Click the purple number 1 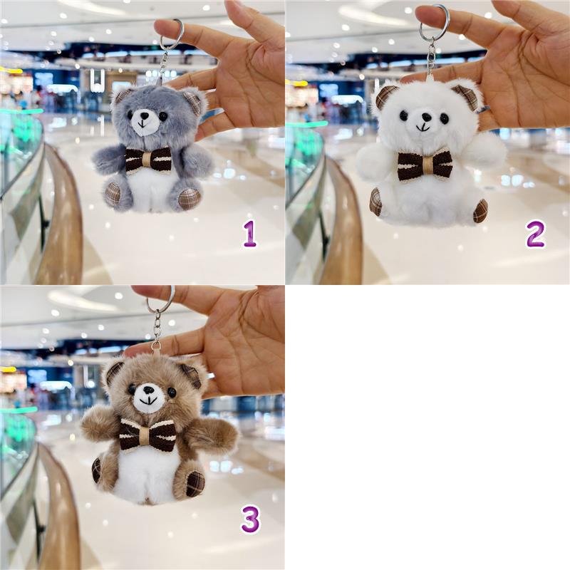click(x=250, y=234)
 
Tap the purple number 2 click(x=535, y=234)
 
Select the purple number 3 click(x=250, y=520)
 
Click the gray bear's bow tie click(x=148, y=160)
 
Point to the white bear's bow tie click(x=425, y=166)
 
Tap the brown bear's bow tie click(x=147, y=435)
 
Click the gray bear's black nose click(x=145, y=116)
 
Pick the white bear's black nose click(x=425, y=118)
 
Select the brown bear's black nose click(x=148, y=390)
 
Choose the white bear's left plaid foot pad click(x=375, y=202)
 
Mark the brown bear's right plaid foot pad click(x=195, y=484)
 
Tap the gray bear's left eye click(x=129, y=115)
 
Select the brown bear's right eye click(x=172, y=392)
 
